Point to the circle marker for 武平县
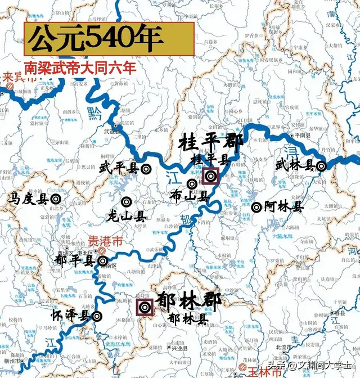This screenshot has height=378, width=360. (x=145, y=168)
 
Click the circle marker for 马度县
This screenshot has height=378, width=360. (x=55, y=199)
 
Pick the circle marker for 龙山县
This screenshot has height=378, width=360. (x=127, y=202)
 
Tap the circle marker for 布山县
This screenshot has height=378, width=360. (x=192, y=183)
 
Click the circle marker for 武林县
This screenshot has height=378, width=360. (x=321, y=166)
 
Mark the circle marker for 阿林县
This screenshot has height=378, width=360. (x=256, y=207)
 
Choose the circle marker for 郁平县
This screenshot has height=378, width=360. (x=102, y=261)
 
